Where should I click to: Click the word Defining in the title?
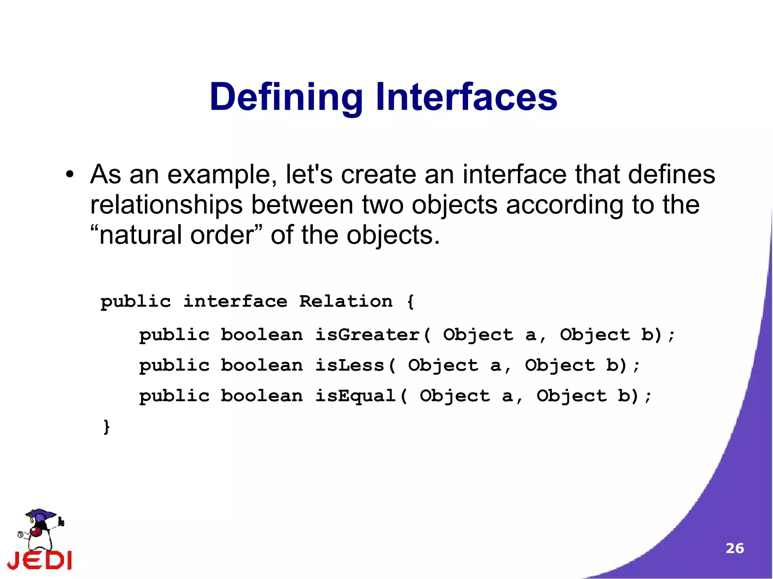pos(286,97)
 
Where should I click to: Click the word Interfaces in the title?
pos(466,97)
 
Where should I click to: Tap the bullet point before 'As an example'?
pos(69,175)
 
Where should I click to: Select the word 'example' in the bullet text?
pos(222,175)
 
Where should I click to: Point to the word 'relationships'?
pos(166,205)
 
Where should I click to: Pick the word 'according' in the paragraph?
pos(564,205)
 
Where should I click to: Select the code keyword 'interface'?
pos(235,301)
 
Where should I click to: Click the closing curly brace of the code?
pos(107,427)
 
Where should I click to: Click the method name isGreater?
pos(367,335)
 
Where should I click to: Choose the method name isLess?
pos(350,366)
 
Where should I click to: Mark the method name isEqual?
pos(355,396)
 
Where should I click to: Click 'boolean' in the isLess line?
pos(262,366)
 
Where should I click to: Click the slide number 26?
pos(735,548)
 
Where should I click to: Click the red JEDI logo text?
pos(40,560)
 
